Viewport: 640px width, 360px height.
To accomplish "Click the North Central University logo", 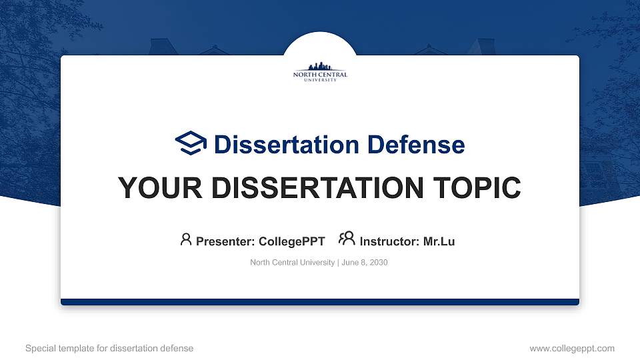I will (x=320, y=72).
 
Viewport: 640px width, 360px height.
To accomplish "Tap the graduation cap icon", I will (x=191, y=143).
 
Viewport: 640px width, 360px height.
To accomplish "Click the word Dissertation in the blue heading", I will (x=279, y=145).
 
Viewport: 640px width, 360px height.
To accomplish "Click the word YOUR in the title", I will (x=153, y=189).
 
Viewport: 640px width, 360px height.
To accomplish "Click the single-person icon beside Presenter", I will (x=186, y=239).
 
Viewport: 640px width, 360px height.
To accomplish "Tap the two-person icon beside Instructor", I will (x=347, y=239).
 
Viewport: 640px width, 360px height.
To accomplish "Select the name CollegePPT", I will (x=291, y=241).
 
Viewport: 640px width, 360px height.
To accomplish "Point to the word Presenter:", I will (x=225, y=241).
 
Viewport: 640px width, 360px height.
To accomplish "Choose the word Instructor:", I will (x=390, y=241).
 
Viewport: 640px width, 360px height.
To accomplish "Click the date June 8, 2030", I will (x=364, y=263).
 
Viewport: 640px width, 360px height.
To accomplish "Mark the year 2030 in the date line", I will (x=378, y=263).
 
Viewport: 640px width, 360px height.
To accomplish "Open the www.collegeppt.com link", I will (x=571, y=348).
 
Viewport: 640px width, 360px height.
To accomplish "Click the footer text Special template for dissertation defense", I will (x=109, y=348).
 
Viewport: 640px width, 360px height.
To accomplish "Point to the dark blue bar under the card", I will (x=320, y=302).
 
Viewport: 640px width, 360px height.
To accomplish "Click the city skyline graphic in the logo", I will (x=320, y=67).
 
